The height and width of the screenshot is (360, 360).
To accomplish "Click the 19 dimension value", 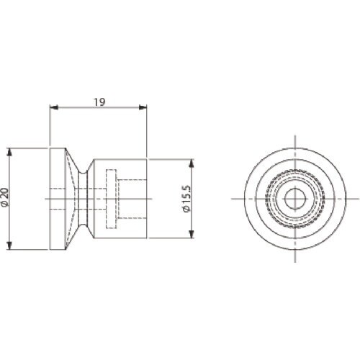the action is tap(99, 102).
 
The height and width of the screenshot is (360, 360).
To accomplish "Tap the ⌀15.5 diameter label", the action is tap(186, 199).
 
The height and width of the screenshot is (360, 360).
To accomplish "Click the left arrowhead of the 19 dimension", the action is tap(54, 107).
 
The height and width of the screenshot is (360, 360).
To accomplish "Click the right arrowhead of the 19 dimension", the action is tap(143, 107).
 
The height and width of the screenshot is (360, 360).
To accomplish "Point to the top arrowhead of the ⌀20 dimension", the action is tap(9, 153).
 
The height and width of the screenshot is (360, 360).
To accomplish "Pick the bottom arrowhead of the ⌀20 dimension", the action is tap(9, 246).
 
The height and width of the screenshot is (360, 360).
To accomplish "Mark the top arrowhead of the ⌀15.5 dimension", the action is tap(191, 163).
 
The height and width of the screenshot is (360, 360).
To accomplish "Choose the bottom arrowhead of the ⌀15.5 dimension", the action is tap(191, 234).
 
